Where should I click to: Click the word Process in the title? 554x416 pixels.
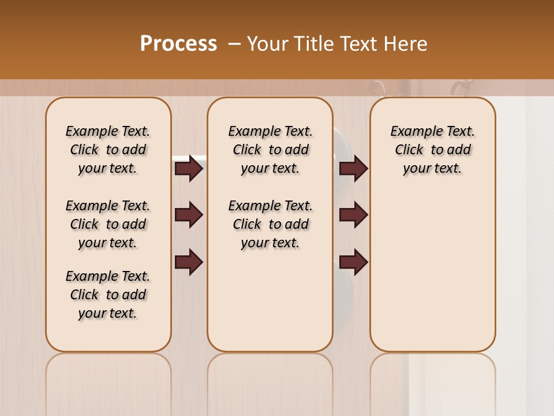click(178, 44)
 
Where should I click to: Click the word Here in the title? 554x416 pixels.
click(407, 44)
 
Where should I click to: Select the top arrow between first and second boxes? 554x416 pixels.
click(189, 169)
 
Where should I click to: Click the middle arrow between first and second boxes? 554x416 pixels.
click(189, 216)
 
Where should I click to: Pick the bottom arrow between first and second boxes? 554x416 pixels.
click(189, 262)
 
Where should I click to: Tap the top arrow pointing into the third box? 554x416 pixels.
click(353, 169)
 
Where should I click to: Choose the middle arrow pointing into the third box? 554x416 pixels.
click(353, 216)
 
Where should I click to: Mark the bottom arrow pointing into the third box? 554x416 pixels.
click(353, 262)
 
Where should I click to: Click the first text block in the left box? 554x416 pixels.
click(108, 150)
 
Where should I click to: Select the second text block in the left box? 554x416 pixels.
click(108, 224)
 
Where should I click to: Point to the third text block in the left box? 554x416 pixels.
click(108, 295)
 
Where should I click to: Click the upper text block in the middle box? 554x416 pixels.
click(270, 150)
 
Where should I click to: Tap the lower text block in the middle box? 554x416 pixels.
click(270, 224)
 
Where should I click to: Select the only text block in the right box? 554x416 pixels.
click(432, 150)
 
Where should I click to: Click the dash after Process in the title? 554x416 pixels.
click(234, 44)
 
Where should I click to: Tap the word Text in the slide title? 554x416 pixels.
click(360, 44)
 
